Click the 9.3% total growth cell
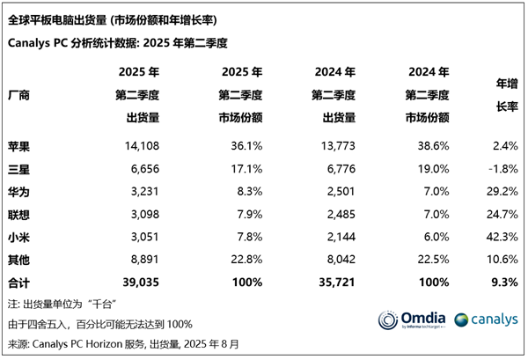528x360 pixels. point(500,281)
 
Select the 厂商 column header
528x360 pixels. point(19,94)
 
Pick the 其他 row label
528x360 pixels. point(19,259)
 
